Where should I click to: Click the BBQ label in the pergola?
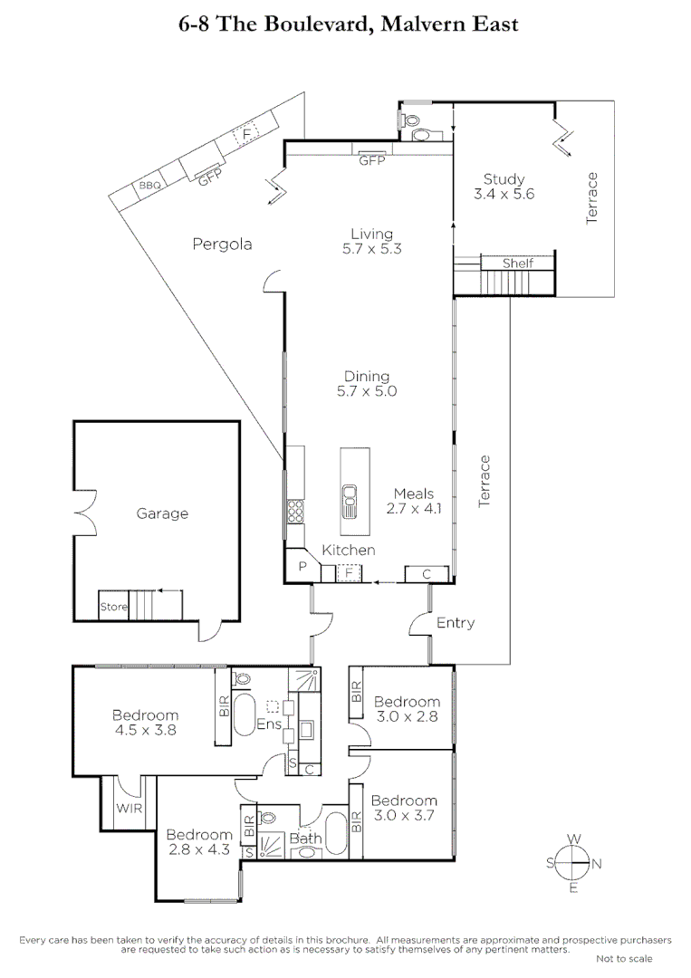(x=150, y=187)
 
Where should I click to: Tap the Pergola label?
(x=222, y=244)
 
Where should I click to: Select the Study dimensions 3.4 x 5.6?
(x=504, y=194)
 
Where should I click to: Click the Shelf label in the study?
(x=518, y=264)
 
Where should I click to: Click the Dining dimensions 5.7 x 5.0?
(x=366, y=392)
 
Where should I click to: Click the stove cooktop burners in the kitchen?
(x=295, y=512)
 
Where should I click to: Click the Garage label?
(x=162, y=513)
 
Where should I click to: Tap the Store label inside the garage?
(x=113, y=607)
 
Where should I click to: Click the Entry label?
(x=455, y=623)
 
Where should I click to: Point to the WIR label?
(x=124, y=809)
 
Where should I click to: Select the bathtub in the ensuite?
(x=245, y=715)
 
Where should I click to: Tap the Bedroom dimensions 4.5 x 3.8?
(x=145, y=730)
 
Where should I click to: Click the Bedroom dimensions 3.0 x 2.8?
(x=407, y=716)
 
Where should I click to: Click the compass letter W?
(x=572, y=839)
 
